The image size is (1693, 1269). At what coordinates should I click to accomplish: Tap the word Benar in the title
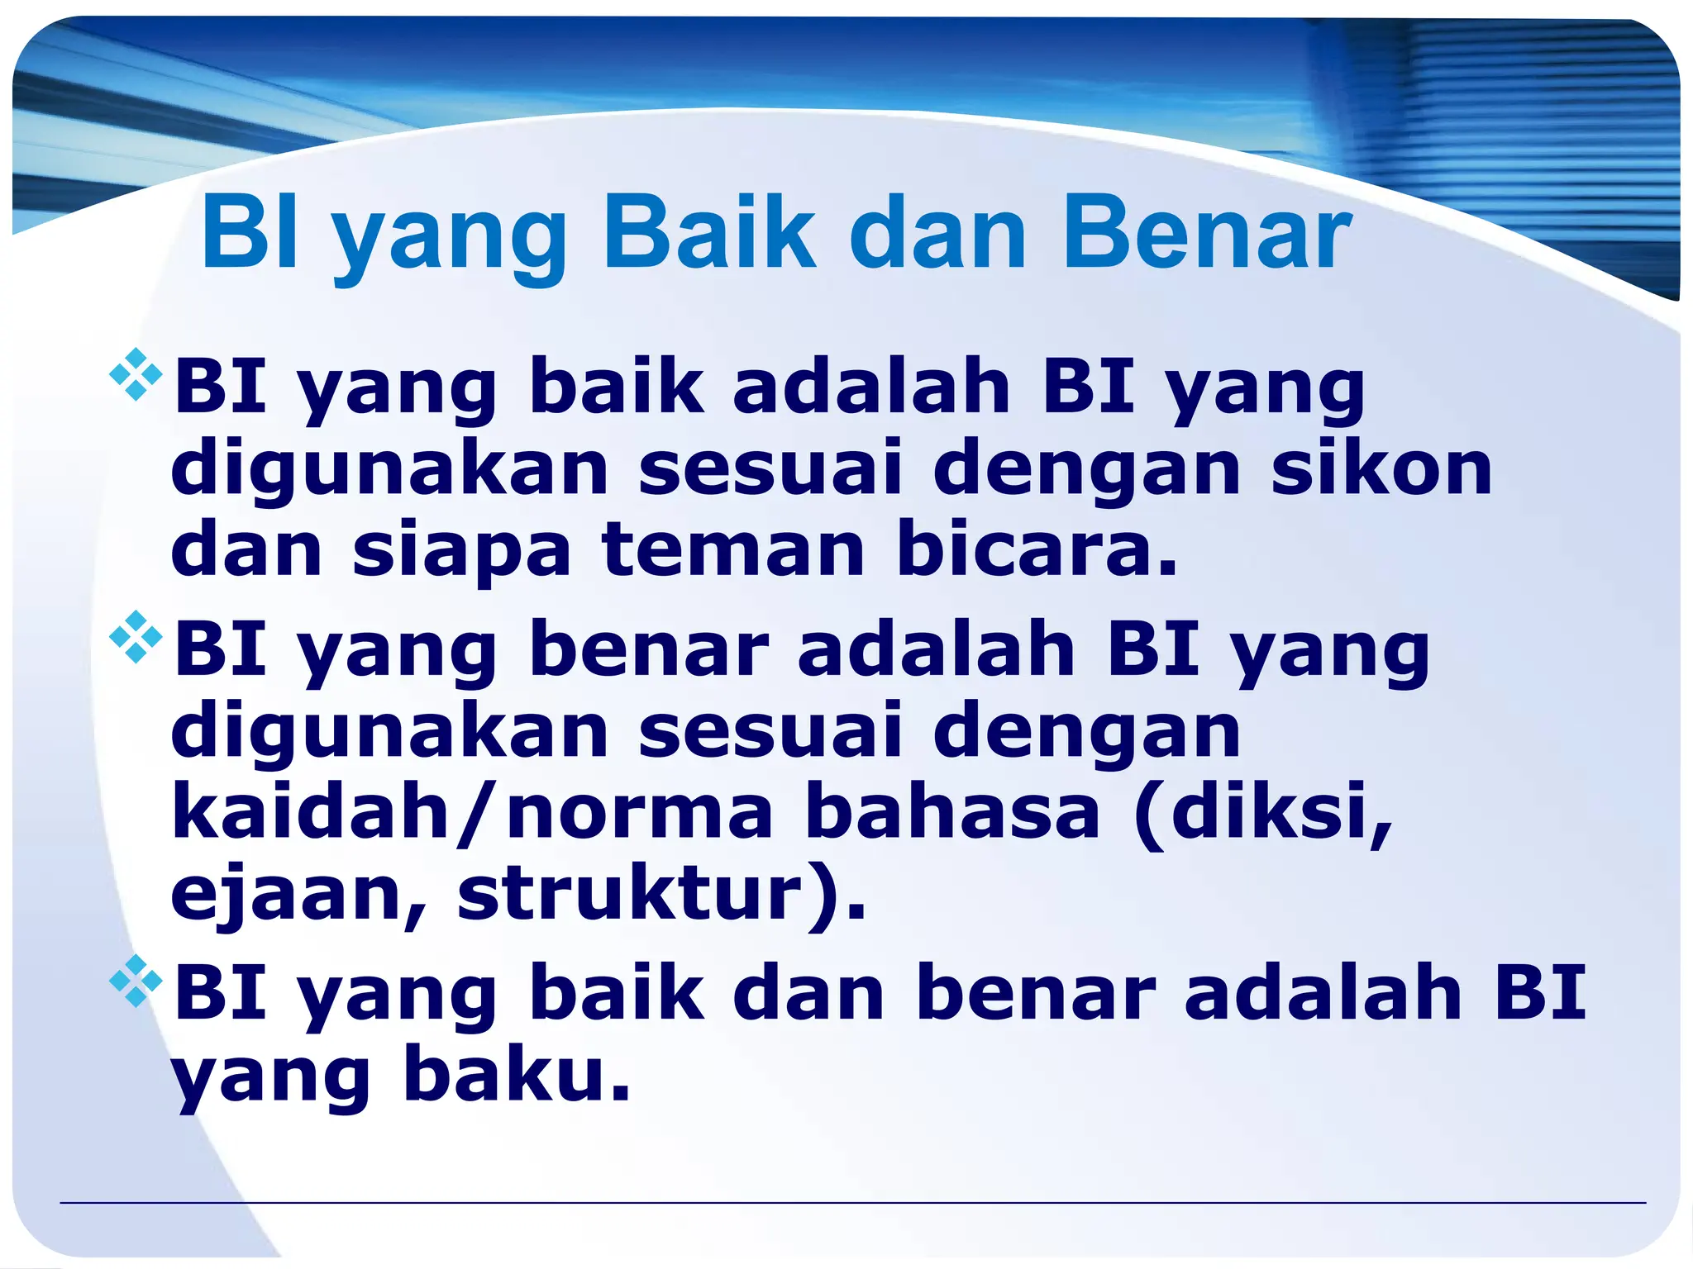[1206, 234]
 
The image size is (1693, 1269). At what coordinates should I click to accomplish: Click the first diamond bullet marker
[136, 376]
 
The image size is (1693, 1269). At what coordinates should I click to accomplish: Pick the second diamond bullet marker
[136, 637]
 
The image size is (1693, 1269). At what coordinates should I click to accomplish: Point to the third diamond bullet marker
[136, 981]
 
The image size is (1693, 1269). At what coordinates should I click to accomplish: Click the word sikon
[1381, 468]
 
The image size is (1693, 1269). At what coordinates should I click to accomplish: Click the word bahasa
[952, 812]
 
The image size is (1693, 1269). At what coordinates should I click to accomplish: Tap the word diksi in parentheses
[1265, 812]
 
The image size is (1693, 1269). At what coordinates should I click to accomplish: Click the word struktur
[628, 894]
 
